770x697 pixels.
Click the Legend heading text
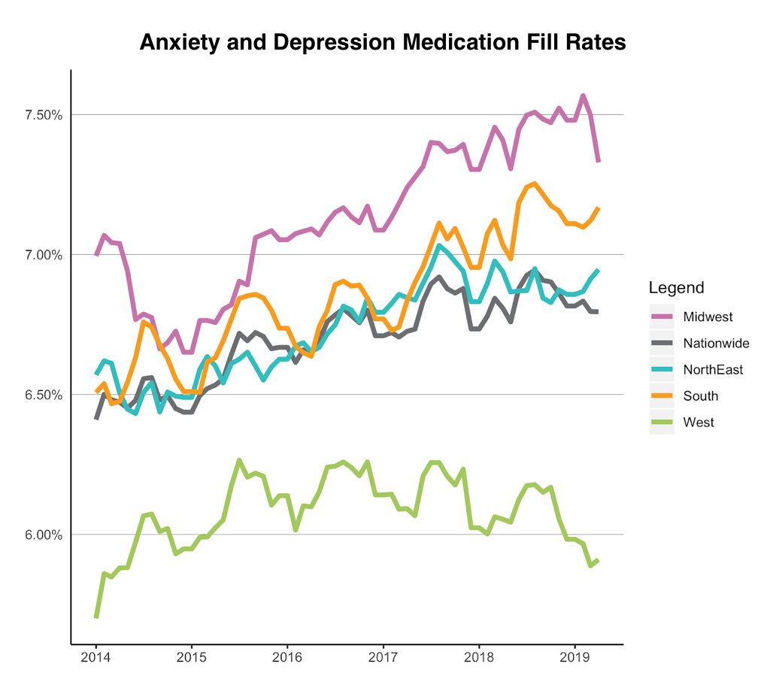[676, 288]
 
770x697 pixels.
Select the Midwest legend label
[708, 317]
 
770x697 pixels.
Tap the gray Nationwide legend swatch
[662, 344]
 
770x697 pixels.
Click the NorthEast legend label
[713, 370]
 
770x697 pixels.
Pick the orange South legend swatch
[662, 396]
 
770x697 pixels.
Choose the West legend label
[699, 423]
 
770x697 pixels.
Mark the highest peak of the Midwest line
[583, 95]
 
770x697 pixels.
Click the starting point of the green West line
[95, 617]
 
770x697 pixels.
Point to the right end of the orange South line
[599, 208]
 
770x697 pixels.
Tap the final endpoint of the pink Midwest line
[599, 162]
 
